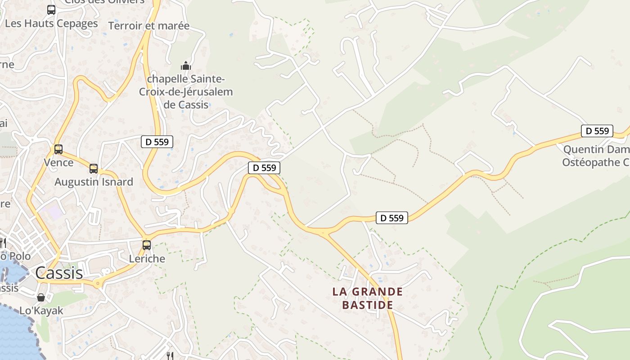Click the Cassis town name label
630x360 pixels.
tap(59, 273)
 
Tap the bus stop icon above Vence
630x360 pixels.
tap(58, 149)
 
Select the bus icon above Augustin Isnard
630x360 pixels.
tap(94, 169)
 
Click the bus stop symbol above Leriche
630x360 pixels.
tap(147, 245)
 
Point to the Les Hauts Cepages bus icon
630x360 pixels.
tap(51, 9)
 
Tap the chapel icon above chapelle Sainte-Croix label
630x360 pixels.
tap(186, 66)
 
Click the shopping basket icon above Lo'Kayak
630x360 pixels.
tap(41, 297)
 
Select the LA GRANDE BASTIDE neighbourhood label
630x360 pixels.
tap(367, 298)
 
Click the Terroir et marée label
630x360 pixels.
tap(149, 26)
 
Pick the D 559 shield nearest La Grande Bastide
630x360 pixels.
tap(391, 218)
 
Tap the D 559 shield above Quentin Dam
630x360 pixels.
tap(597, 131)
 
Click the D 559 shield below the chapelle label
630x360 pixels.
tap(157, 142)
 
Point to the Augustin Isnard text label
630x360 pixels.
tap(94, 182)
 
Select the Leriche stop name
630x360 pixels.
tap(147, 259)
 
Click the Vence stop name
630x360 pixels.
tap(58, 162)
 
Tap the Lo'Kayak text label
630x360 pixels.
tap(41, 310)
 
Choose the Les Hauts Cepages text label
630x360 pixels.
tap(51, 23)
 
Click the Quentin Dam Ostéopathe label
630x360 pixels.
tap(596, 156)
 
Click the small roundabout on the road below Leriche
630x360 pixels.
tap(97, 283)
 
